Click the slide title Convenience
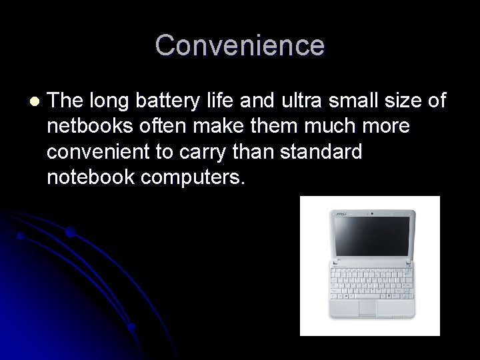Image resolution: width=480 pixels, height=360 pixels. click(240, 46)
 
